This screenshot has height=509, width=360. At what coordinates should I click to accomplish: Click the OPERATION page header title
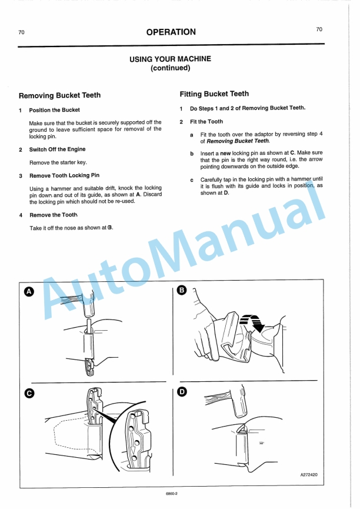pyautogui.click(x=171, y=32)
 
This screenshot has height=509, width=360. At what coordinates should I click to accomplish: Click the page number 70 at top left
pyautogui.click(x=21, y=32)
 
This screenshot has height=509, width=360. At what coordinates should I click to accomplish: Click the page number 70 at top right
pyautogui.click(x=319, y=29)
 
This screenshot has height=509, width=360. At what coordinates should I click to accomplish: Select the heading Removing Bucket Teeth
pyautogui.click(x=59, y=95)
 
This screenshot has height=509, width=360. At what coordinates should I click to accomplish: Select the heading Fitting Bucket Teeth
pyautogui.click(x=214, y=94)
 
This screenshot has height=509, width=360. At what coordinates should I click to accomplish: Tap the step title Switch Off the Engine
pyautogui.click(x=57, y=149)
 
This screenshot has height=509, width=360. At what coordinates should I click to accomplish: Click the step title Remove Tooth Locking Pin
pyautogui.click(x=64, y=175)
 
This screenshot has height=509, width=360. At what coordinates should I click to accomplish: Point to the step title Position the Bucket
pyautogui.click(x=55, y=110)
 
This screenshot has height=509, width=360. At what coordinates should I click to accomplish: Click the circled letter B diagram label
pyautogui.click(x=182, y=290)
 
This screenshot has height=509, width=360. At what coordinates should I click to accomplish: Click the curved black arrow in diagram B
pyautogui.click(x=256, y=322)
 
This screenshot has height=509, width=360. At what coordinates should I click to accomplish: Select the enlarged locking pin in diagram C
pyautogui.click(x=136, y=440)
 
